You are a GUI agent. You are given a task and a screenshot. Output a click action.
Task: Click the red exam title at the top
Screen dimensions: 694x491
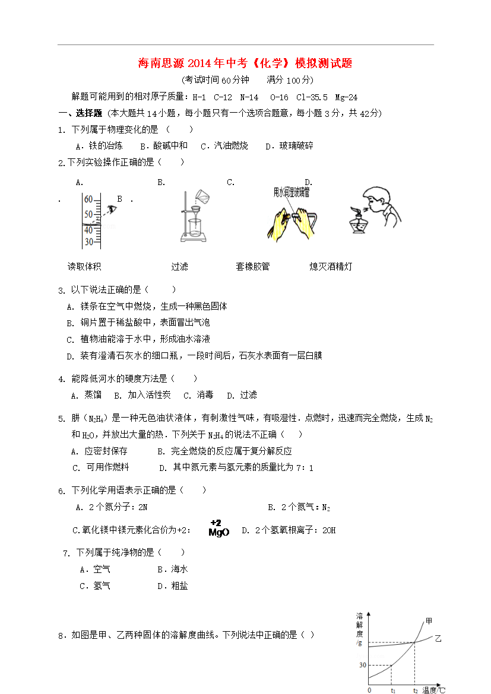pyautogui.click(x=245, y=63)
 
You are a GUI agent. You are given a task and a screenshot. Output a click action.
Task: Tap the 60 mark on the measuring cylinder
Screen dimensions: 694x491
pyautogui.click(x=88, y=199)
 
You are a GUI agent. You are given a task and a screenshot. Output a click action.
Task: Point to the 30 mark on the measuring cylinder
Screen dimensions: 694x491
pyautogui.click(x=88, y=242)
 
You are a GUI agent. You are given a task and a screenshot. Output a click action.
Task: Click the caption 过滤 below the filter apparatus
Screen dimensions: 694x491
pyautogui.click(x=179, y=267)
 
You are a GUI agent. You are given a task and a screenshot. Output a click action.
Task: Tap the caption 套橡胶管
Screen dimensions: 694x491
pyautogui.click(x=252, y=267)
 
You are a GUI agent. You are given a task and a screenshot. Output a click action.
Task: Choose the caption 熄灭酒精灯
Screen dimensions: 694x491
pyautogui.click(x=331, y=267)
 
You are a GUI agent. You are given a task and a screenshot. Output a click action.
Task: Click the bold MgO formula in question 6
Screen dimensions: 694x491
pyautogui.click(x=218, y=532)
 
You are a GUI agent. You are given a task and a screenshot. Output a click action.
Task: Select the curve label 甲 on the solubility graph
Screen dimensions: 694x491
pyautogui.click(x=429, y=622)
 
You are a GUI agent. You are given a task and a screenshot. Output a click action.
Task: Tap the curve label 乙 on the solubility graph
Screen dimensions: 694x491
pyautogui.click(x=438, y=639)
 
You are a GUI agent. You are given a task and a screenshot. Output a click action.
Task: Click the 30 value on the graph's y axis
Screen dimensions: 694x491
pyautogui.click(x=362, y=665)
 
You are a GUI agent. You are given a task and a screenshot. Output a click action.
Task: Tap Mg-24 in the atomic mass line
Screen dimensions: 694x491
pyautogui.click(x=346, y=97)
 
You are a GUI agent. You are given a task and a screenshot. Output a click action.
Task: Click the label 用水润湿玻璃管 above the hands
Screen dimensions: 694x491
pyautogui.click(x=291, y=192)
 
